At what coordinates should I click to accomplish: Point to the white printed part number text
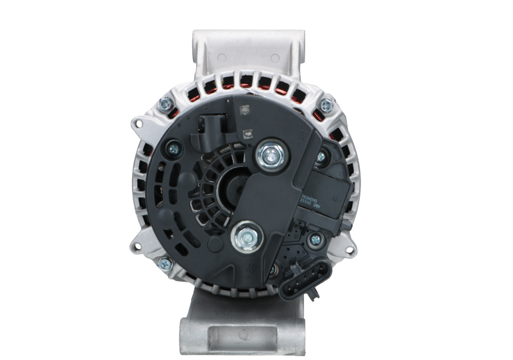pos(310,204)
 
